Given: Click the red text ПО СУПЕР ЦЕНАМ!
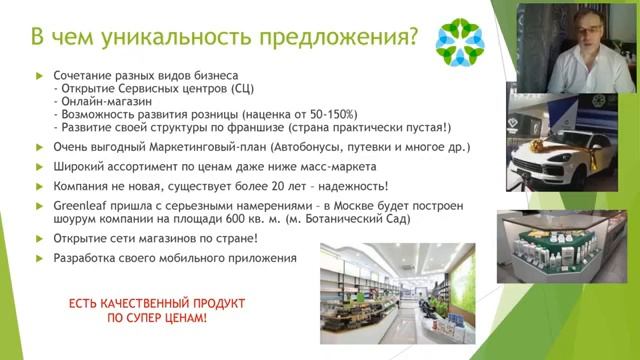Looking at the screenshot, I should tap(156, 317).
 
